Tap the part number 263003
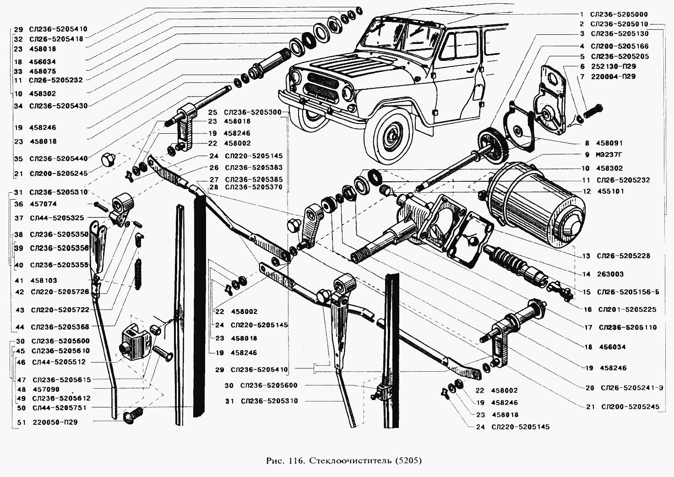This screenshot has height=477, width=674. click(x=610, y=274)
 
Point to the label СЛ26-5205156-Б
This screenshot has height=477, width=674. click(x=628, y=292)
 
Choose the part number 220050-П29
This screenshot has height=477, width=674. click(x=55, y=422)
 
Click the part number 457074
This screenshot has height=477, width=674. click(x=43, y=204)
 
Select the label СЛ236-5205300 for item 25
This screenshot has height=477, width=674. click(x=253, y=113)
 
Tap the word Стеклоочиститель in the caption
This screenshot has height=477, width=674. click(x=351, y=461)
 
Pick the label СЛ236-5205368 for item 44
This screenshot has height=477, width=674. click(x=60, y=327)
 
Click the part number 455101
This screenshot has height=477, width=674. click(x=610, y=191)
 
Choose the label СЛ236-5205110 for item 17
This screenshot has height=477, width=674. click(x=628, y=327)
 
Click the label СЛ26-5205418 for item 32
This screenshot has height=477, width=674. click(x=56, y=39)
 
